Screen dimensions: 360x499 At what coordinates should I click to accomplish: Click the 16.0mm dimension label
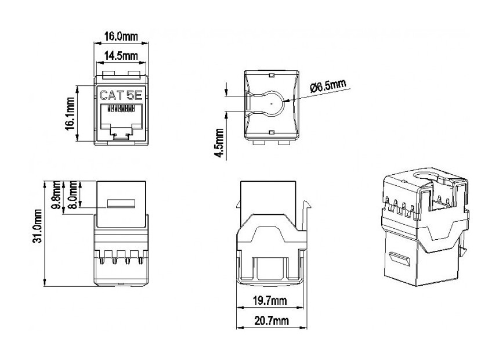121,36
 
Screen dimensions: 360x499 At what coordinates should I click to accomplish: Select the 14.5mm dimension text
121,56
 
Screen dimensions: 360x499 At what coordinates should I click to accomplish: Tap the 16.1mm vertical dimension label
70,114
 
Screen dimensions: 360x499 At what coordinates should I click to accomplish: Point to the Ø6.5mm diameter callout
328,87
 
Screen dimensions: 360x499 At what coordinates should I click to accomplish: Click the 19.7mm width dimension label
270,300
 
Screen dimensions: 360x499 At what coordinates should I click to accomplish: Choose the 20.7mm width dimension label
270,321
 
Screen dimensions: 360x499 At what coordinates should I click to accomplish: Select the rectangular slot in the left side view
121,204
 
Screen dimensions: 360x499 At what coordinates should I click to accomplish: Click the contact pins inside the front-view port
121,109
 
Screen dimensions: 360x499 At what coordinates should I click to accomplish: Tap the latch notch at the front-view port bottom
121,136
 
